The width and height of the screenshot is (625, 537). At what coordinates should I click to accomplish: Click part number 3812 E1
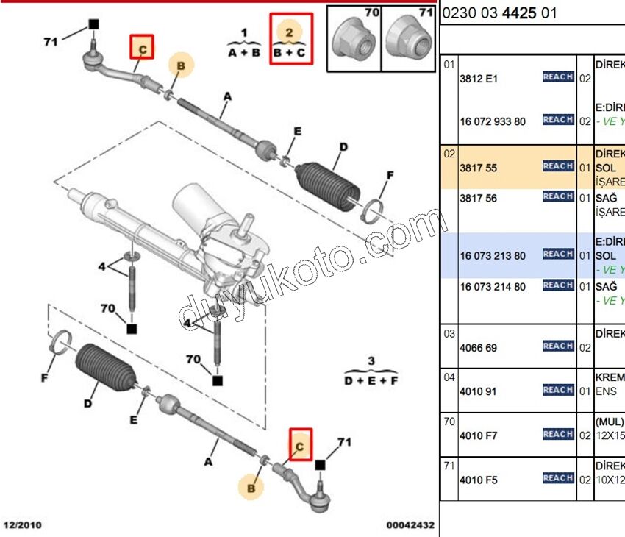(x=478, y=78)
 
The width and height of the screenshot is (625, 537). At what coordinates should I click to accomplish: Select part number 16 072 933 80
(x=493, y=121)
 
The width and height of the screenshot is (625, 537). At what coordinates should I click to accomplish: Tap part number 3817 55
(x=478, y=168)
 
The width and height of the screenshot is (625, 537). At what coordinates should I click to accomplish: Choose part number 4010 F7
(x=478, y=435)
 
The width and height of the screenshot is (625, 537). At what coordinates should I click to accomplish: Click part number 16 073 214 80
(x=493, y=286)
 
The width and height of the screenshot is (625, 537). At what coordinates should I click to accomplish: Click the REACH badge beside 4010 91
(x=558, y=390)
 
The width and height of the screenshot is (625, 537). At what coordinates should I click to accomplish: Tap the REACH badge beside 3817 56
(x=558, y=196)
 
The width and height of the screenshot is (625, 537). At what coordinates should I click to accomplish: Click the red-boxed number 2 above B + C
(x=290, y=32)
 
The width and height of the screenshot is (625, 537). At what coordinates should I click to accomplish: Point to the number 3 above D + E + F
(x=371, y=360)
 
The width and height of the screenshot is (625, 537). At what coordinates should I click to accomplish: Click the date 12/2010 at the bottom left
(x=23, y=525)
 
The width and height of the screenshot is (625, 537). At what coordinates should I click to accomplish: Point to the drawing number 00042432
(x=410, y=525)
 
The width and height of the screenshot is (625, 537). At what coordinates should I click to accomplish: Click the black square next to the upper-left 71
(x=93, y=24)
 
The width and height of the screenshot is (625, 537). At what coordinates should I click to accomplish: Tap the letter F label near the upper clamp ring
(x=390, y=175)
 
